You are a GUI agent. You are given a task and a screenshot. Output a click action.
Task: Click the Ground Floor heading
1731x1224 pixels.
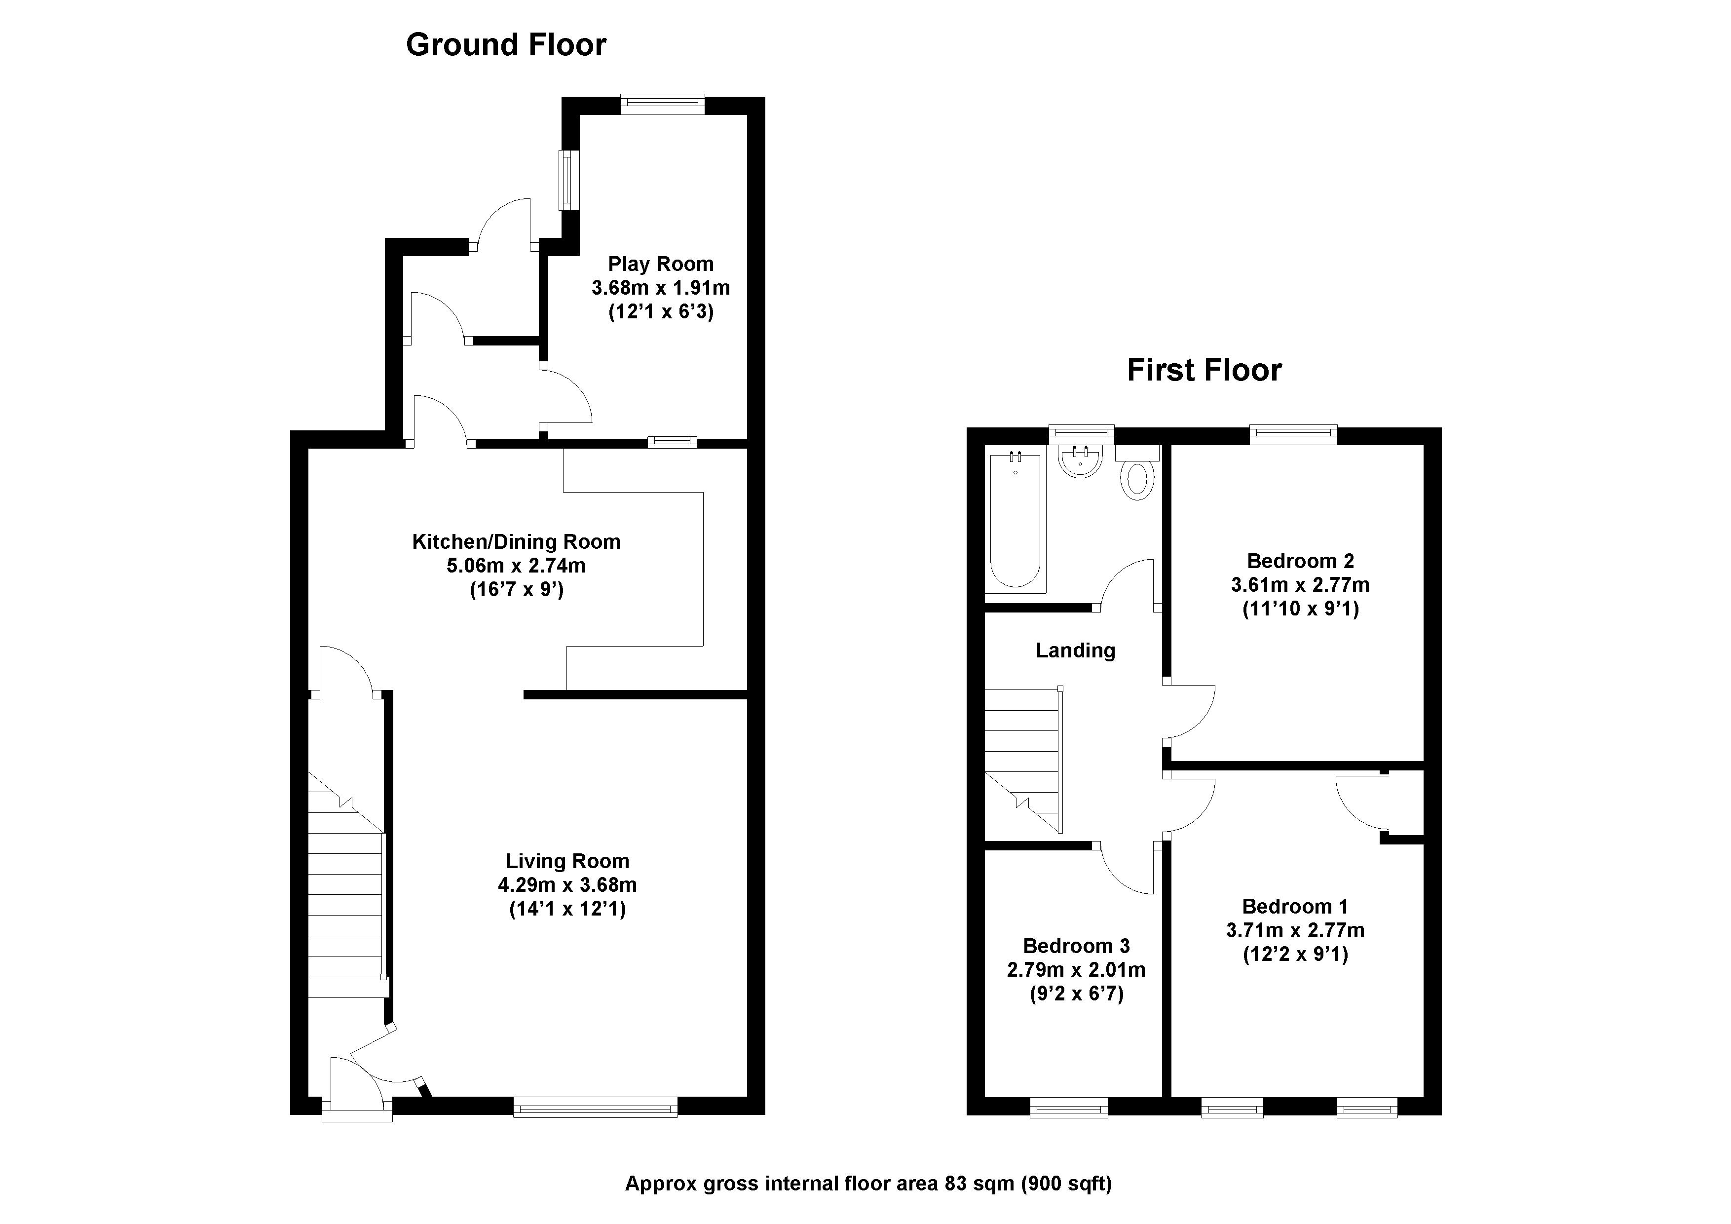point(506,45)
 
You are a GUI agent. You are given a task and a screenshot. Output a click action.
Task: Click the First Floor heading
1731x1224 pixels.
point(1204,370)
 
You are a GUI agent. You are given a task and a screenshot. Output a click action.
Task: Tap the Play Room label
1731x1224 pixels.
point(660,264)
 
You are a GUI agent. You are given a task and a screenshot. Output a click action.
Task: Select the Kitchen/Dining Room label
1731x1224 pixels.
point(517,541)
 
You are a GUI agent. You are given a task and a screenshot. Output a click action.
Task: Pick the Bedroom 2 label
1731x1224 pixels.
point(1301,561)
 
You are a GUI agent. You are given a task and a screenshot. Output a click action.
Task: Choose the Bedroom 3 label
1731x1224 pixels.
point(1077,946)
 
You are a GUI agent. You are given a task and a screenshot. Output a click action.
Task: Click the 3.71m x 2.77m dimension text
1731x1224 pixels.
point(1295,931)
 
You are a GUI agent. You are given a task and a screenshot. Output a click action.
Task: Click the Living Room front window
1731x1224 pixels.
point(596,1107)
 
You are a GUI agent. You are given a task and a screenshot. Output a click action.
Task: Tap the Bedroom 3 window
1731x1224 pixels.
point(1069,1107)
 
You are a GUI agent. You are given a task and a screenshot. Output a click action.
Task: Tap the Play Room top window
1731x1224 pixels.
point(663,104)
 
